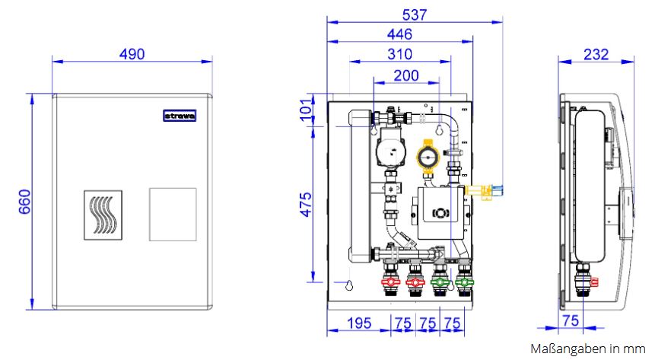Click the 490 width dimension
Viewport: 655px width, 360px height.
pyautogui.click(x=132, y=54)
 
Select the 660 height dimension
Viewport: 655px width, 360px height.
pyautogui.click(x=24, y=202)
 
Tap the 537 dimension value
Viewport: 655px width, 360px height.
pyautogui.click(x=415, y=15)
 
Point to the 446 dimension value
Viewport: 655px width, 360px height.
pyautogui.click(x=399, y=34)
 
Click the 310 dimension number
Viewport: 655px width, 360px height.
pyautogui.click(x=399, y=54)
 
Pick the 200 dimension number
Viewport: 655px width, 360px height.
pyautogui.click(x=406, y=75)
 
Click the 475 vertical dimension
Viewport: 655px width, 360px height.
pyautogui.click(x=306, y=205)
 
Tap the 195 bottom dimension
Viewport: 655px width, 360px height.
pyautogui.click(x=359, y=323)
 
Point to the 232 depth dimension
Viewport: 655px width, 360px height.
pyautogui.click(x=596, y=54)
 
